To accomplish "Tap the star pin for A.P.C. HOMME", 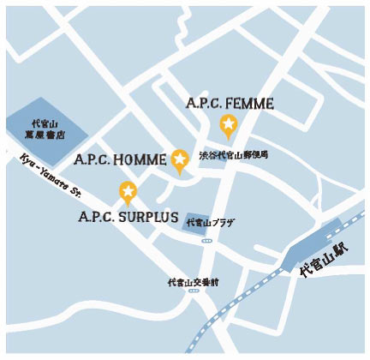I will (180, 159).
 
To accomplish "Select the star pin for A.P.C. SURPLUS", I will (128, 191).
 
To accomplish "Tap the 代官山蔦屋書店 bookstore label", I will (45, 129).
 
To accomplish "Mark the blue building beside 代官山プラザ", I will (196, 221).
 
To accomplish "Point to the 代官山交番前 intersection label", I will (194, 281).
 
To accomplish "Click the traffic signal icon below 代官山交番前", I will (194, 291).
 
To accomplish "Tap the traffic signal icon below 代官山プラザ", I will (206, 241).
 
